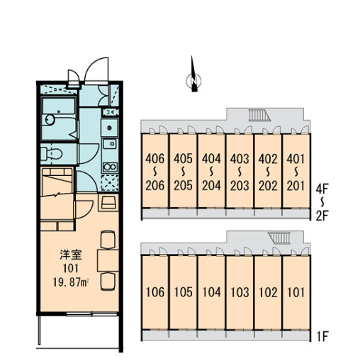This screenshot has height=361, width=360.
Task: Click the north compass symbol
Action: [x=193, y=80]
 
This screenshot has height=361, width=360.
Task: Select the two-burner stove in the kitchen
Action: [x=110, y=167]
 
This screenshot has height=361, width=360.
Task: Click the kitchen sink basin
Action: [x=110, y=144]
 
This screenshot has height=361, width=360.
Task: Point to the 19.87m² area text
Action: [x=71, y=282]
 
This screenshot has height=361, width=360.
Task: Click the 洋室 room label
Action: [x=71, y=255]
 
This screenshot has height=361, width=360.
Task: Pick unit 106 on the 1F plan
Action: [x=155, y=292]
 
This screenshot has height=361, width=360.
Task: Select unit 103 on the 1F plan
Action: [x=240, y=292]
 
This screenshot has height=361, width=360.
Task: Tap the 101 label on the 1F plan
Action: [x=296, y=292]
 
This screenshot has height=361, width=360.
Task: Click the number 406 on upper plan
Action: [x=154, y=159]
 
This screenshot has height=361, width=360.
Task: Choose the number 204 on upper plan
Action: [x=211, y=185]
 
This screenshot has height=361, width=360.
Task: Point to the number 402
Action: [x=268, y=159]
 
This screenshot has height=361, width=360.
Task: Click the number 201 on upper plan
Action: [x=296, y=185]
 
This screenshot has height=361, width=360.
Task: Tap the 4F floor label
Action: [x=322, y=189]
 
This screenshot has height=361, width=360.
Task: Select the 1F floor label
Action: [x=322, y=336]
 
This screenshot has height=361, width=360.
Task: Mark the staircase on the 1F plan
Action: [x=279, y=238]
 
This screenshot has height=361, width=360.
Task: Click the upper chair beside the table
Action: [x=108, y=240]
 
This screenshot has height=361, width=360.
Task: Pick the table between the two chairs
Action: [x=108, y=260]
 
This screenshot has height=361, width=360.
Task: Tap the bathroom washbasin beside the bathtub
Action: [x=50, y=119]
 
